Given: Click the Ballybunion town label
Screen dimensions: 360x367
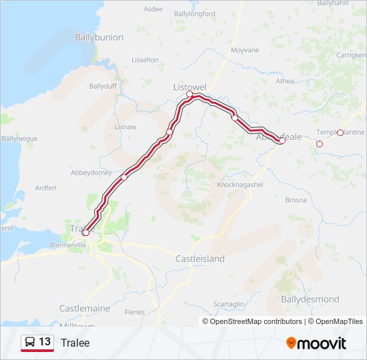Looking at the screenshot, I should click(x=99, y=37).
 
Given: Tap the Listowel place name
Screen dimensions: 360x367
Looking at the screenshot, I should click(x=190, y=87).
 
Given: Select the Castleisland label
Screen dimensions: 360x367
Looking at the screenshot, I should click(x=200, y=259).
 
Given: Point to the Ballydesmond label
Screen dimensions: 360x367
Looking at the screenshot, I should click(x=308, y=299).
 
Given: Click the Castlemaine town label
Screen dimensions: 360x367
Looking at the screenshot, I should click(x=85, y=309).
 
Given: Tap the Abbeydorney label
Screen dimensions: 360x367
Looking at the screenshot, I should click(x=91, y=172).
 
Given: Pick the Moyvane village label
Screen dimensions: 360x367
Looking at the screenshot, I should click(x=244, y=50).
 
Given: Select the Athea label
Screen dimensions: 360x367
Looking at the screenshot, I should click(x=284, y=81).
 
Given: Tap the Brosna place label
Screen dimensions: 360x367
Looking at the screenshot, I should click(x=296, y=200).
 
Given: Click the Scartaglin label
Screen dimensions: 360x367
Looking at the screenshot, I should click(x=229, y=304).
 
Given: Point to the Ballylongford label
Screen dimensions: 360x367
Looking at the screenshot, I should click(x=194, y=13).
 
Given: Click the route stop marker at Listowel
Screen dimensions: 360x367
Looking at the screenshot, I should click(x=190, y=95).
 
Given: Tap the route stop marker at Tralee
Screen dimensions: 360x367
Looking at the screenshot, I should click(x=85, y=233).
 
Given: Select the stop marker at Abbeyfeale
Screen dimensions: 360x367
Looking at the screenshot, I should click(x=282, y=141).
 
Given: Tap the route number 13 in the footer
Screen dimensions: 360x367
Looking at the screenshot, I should click(x=45, y=342).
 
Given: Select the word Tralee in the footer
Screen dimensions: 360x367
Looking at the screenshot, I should click(x=75, y=343).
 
